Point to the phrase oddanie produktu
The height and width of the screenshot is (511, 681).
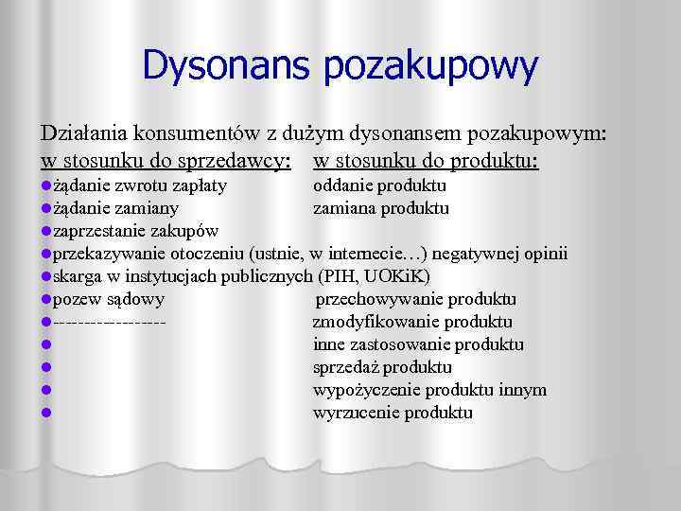[379, 185]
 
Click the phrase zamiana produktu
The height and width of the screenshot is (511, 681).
[380, 208]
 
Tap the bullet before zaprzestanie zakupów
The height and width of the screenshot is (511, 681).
[45, 231]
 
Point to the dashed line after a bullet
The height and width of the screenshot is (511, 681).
[111, 323]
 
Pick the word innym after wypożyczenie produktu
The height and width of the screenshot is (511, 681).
[525, 390]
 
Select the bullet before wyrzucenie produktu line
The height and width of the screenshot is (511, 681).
[45, 413]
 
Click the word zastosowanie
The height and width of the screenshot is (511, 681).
[405, 345]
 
